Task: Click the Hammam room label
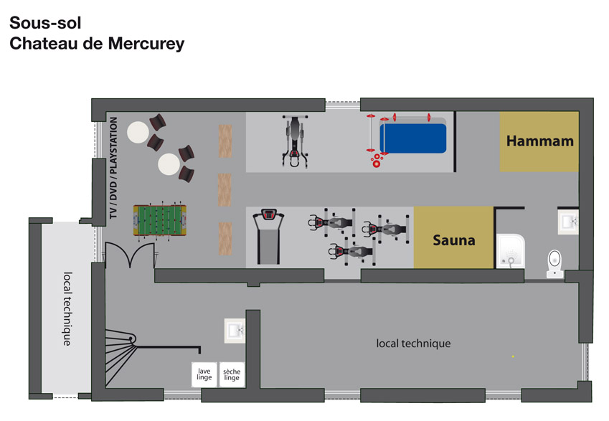540,141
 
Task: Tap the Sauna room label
453,240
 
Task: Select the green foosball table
160,219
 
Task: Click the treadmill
268,237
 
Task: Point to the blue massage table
413,138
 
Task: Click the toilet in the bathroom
555,264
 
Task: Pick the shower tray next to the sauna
511,251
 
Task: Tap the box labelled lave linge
204,374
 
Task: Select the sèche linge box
232,374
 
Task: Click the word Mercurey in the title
146,44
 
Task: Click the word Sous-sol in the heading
45,23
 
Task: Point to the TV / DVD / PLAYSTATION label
113,168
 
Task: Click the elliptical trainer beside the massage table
296,141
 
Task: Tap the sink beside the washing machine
235,331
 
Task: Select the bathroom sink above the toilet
568,222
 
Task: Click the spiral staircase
121,356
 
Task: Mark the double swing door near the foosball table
130,255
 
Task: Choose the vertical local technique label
67,309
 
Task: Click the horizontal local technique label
413,344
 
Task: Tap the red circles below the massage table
376,161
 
